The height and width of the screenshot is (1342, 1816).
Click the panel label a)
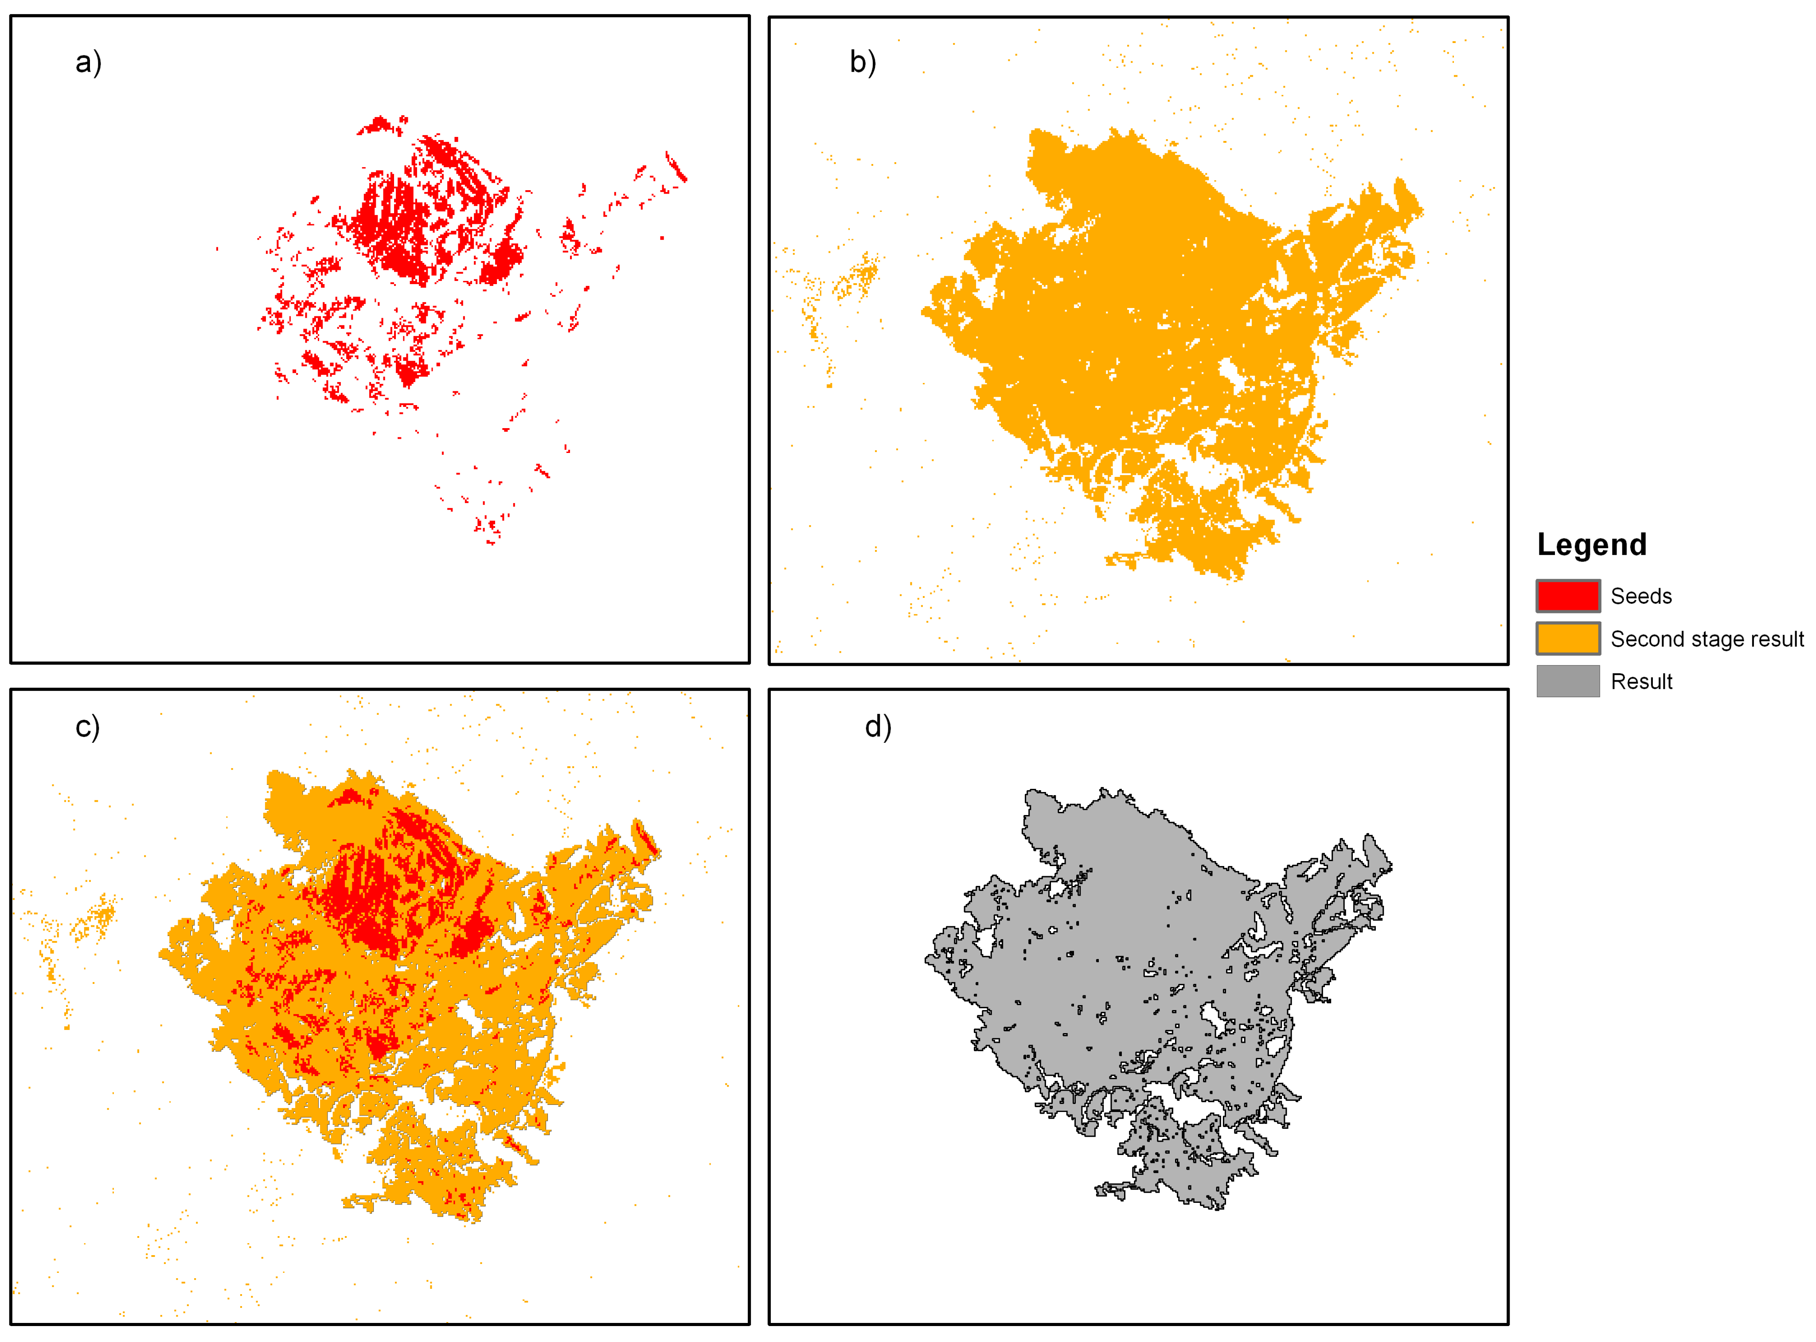click(x=88, y=62)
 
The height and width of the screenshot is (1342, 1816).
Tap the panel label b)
click(x=862, y=62)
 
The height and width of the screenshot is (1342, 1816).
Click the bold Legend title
click(x=1591, y=544)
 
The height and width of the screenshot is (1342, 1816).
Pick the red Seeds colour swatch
click(x=1567, y=596)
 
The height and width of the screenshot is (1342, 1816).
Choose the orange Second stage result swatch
click(x=1567, y=639)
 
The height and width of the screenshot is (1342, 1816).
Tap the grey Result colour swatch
click(x=1567, y=681)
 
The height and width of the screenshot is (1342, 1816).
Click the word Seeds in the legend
click(x=1640, y=596)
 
